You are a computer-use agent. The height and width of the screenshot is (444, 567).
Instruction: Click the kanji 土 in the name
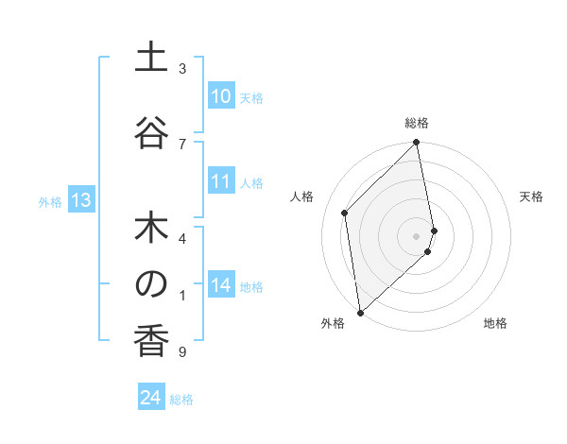[151, 59]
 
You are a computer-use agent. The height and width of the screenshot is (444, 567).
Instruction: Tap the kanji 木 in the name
[151, 229]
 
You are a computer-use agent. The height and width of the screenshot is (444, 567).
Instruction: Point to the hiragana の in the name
[151, 283]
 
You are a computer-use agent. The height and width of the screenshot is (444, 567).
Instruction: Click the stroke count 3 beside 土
[182, 69]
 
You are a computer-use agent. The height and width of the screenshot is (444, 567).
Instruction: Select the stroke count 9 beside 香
[182, 352]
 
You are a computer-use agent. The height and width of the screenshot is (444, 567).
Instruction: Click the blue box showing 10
[220, 96]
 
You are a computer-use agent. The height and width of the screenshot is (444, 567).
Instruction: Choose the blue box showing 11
[220, 181]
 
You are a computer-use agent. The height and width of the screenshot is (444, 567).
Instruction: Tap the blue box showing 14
[220, 285]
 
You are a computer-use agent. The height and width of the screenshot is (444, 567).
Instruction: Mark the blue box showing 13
[81, 200]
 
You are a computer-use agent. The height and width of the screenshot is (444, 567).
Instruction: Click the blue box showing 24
[151, 398]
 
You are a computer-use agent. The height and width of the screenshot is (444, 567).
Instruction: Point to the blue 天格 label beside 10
[251, 98]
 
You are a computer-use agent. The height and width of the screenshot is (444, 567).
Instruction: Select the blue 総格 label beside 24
[181, 400]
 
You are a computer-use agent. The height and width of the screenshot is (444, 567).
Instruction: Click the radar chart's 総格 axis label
[417, 123]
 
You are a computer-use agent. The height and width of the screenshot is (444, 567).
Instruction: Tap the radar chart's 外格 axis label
[333, 323]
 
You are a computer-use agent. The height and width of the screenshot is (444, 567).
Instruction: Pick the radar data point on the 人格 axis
[345, 213]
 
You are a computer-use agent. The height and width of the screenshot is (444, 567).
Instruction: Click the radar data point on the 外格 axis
[360, 312]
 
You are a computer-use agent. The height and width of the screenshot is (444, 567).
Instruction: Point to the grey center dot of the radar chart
[416, 235]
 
